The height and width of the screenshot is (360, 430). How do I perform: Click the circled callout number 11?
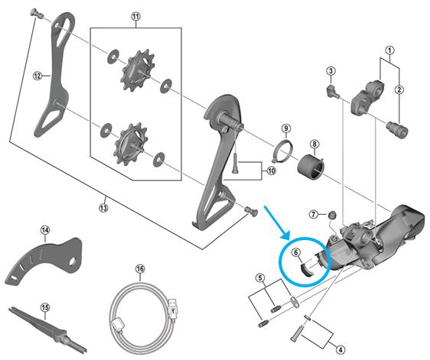coord(136,16)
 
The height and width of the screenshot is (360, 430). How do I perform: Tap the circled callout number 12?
coord(36,76)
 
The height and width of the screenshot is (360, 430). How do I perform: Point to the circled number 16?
coord(140,269)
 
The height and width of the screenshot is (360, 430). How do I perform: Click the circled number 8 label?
coord(314,144)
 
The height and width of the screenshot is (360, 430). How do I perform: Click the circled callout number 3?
coord(331,71)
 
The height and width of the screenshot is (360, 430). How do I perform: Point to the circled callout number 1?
coord(389,53)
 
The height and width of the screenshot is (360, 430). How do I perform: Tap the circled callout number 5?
coord(260,277)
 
